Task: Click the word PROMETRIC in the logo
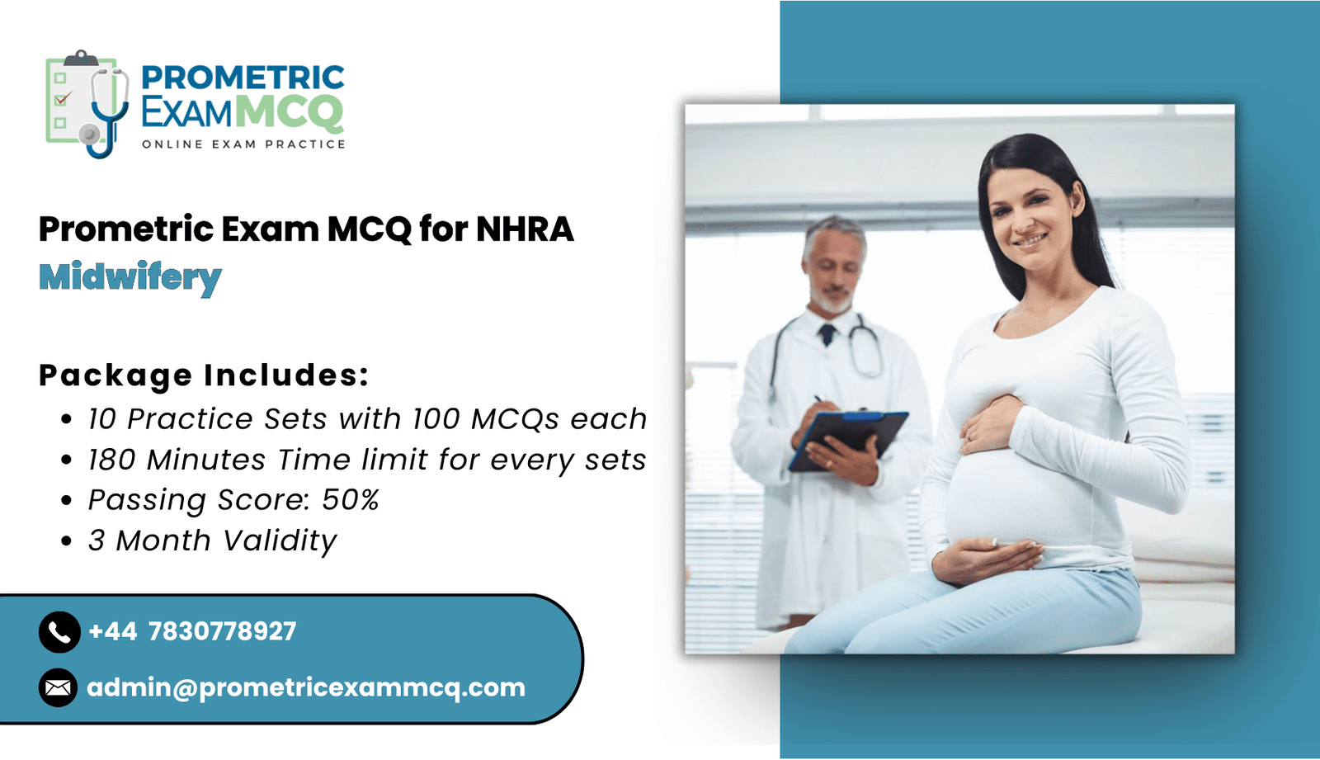[243, 78]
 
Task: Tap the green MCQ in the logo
[290, 112]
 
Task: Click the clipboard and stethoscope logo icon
[87, 104]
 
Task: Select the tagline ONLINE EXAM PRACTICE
[243, 144]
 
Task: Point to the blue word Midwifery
[130, 278]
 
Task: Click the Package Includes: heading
[204, 375]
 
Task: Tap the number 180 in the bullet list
[112, 460]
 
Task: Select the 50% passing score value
[350, 499]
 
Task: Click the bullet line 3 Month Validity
[212, 540]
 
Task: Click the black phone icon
[59, 632]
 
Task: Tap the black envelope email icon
[58, 687]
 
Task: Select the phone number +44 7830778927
[192, 631]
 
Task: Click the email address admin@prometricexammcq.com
[306, 687]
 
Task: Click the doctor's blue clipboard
[848, 440]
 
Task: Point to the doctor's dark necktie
[827, 334]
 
